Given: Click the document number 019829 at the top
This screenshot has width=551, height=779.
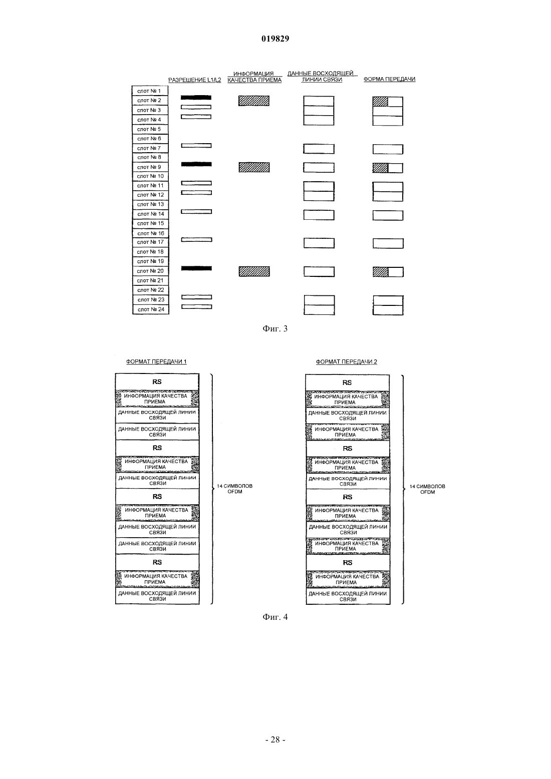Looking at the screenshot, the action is coord(275,39).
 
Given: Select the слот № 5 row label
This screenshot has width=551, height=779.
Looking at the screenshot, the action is coord(150,129).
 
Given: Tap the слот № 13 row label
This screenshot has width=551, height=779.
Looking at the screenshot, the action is coord(150,204).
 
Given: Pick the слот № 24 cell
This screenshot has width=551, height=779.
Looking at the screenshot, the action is coord(151,309).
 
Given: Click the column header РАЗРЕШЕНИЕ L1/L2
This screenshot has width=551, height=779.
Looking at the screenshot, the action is coord(195,80).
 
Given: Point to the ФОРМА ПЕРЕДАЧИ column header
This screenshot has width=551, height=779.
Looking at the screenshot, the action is coord(389,79).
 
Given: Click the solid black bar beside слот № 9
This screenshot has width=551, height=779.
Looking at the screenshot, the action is coord(196,164).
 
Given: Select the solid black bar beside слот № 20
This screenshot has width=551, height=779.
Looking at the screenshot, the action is coord(196,268).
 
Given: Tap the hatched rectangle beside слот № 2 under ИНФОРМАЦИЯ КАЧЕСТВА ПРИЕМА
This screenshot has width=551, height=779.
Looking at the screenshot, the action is coord(253,101).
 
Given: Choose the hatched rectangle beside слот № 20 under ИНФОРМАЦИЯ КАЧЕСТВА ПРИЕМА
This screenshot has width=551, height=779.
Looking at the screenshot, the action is coord(254,271).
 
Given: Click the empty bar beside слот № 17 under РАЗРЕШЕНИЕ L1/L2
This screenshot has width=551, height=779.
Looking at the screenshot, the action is coord(196,240).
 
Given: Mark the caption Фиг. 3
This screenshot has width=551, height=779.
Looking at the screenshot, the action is coord(275,328).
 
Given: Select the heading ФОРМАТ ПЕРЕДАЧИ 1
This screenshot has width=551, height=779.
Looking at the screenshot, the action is coord(156,361).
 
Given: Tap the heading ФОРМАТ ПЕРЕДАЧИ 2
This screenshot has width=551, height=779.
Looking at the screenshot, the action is coord(347,361).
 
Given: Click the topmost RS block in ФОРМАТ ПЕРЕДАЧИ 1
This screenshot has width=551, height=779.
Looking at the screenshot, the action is coord(157,382).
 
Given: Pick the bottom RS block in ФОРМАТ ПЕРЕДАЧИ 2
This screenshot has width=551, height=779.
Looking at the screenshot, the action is coord(348,563).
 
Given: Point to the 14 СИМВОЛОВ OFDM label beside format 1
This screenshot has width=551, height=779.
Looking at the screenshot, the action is coord(235,489).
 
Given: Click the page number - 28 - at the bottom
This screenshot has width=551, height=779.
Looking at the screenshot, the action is coord(275,739).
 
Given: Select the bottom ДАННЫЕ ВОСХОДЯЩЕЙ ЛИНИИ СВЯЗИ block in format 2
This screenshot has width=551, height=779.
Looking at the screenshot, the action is coord(348,596).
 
